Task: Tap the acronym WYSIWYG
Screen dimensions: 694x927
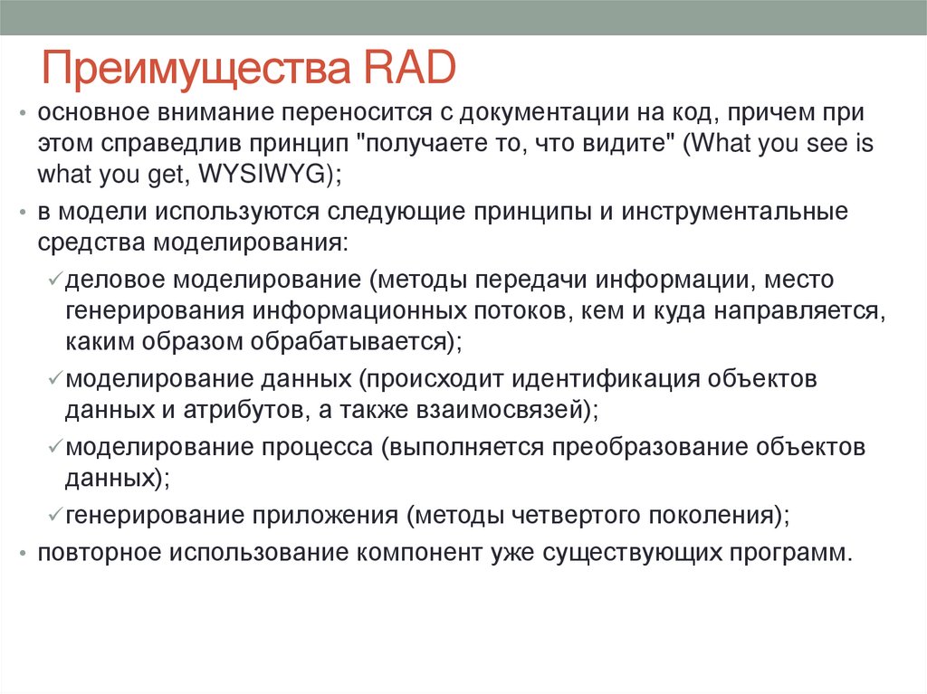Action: pyautogui.click(x=272, y=174)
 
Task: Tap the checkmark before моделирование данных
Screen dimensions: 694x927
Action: pyautogui.click(x=53, y=380)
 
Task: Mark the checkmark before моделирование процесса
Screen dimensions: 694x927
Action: pyautogui.click(x=53, y=448)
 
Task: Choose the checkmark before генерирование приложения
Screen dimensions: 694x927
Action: pyautogui.click(x=53, y=516)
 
